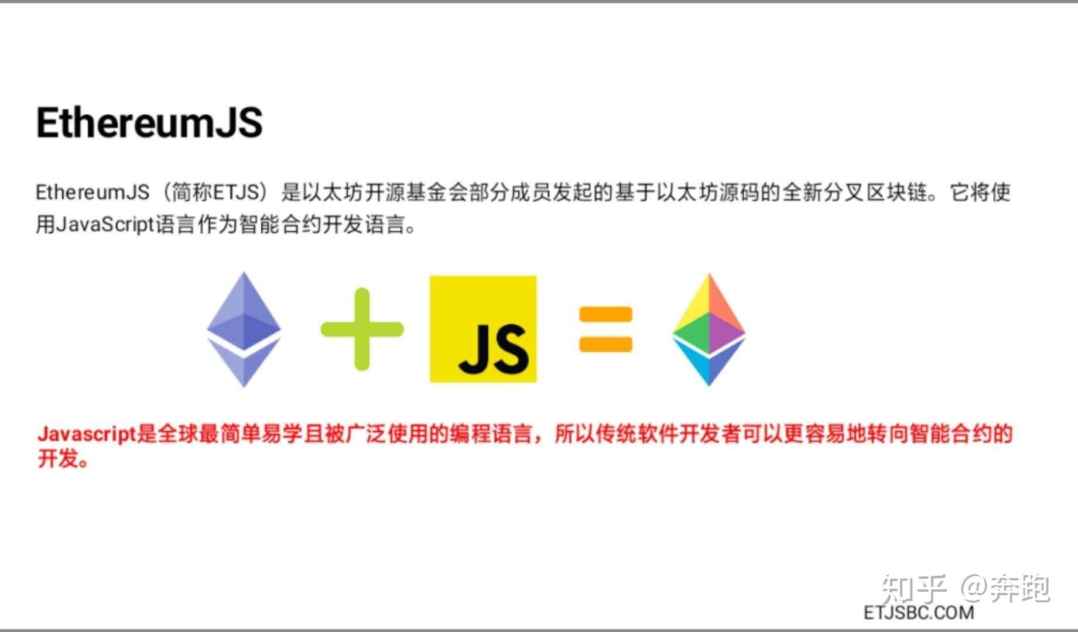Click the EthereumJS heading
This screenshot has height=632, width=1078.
pos(149,123)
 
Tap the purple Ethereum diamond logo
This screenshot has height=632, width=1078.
pos(244,329)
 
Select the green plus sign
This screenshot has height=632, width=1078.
pos(362,329)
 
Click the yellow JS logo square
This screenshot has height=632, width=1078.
pos(483,329)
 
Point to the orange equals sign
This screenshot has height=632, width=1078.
pos(605,329)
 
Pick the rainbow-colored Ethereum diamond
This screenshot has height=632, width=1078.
pos(709,329)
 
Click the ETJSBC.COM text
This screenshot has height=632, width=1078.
pos(919,613)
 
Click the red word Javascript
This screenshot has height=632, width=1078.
pos(87,434)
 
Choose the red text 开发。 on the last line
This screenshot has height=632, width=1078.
pos(63,459)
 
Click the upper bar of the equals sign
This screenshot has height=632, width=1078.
pos(605,315)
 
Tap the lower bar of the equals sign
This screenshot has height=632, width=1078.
pos(605,344)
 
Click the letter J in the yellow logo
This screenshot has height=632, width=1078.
pos(473,349)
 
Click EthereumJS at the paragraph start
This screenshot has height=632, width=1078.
pos(93,192)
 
